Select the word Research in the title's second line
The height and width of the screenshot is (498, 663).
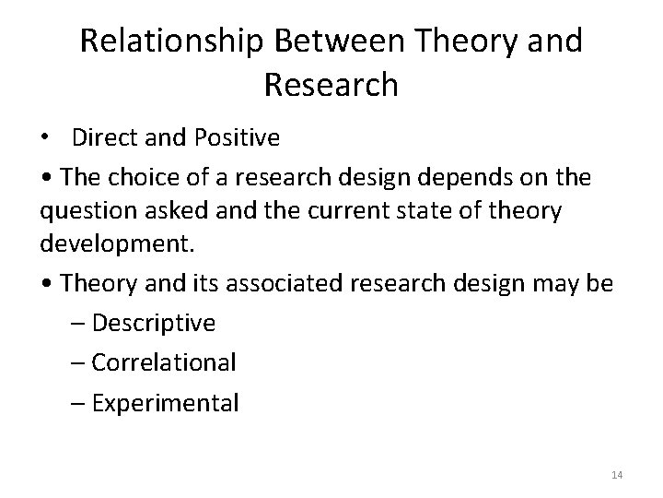(331, 85)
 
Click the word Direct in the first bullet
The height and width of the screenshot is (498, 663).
(101, 138)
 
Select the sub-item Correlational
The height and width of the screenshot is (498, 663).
(164, 362)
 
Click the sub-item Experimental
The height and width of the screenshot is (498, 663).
(165, 402)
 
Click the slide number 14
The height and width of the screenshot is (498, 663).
(617, 475)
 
